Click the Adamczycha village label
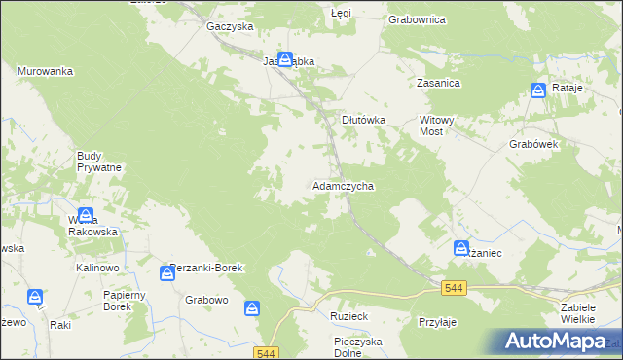click(343, 185)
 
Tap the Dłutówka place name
click(363, 120)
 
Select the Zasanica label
click(438, 84)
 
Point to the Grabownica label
click(417, 18)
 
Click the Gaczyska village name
click(230, 26)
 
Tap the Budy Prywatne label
click(98, 162)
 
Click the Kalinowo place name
click(96, 267)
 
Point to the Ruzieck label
click(347, 317)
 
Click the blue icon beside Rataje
click(538, 90)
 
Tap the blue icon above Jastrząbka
click(284, 59)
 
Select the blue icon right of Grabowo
click(252, 308)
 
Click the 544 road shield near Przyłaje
click(453, 288)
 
